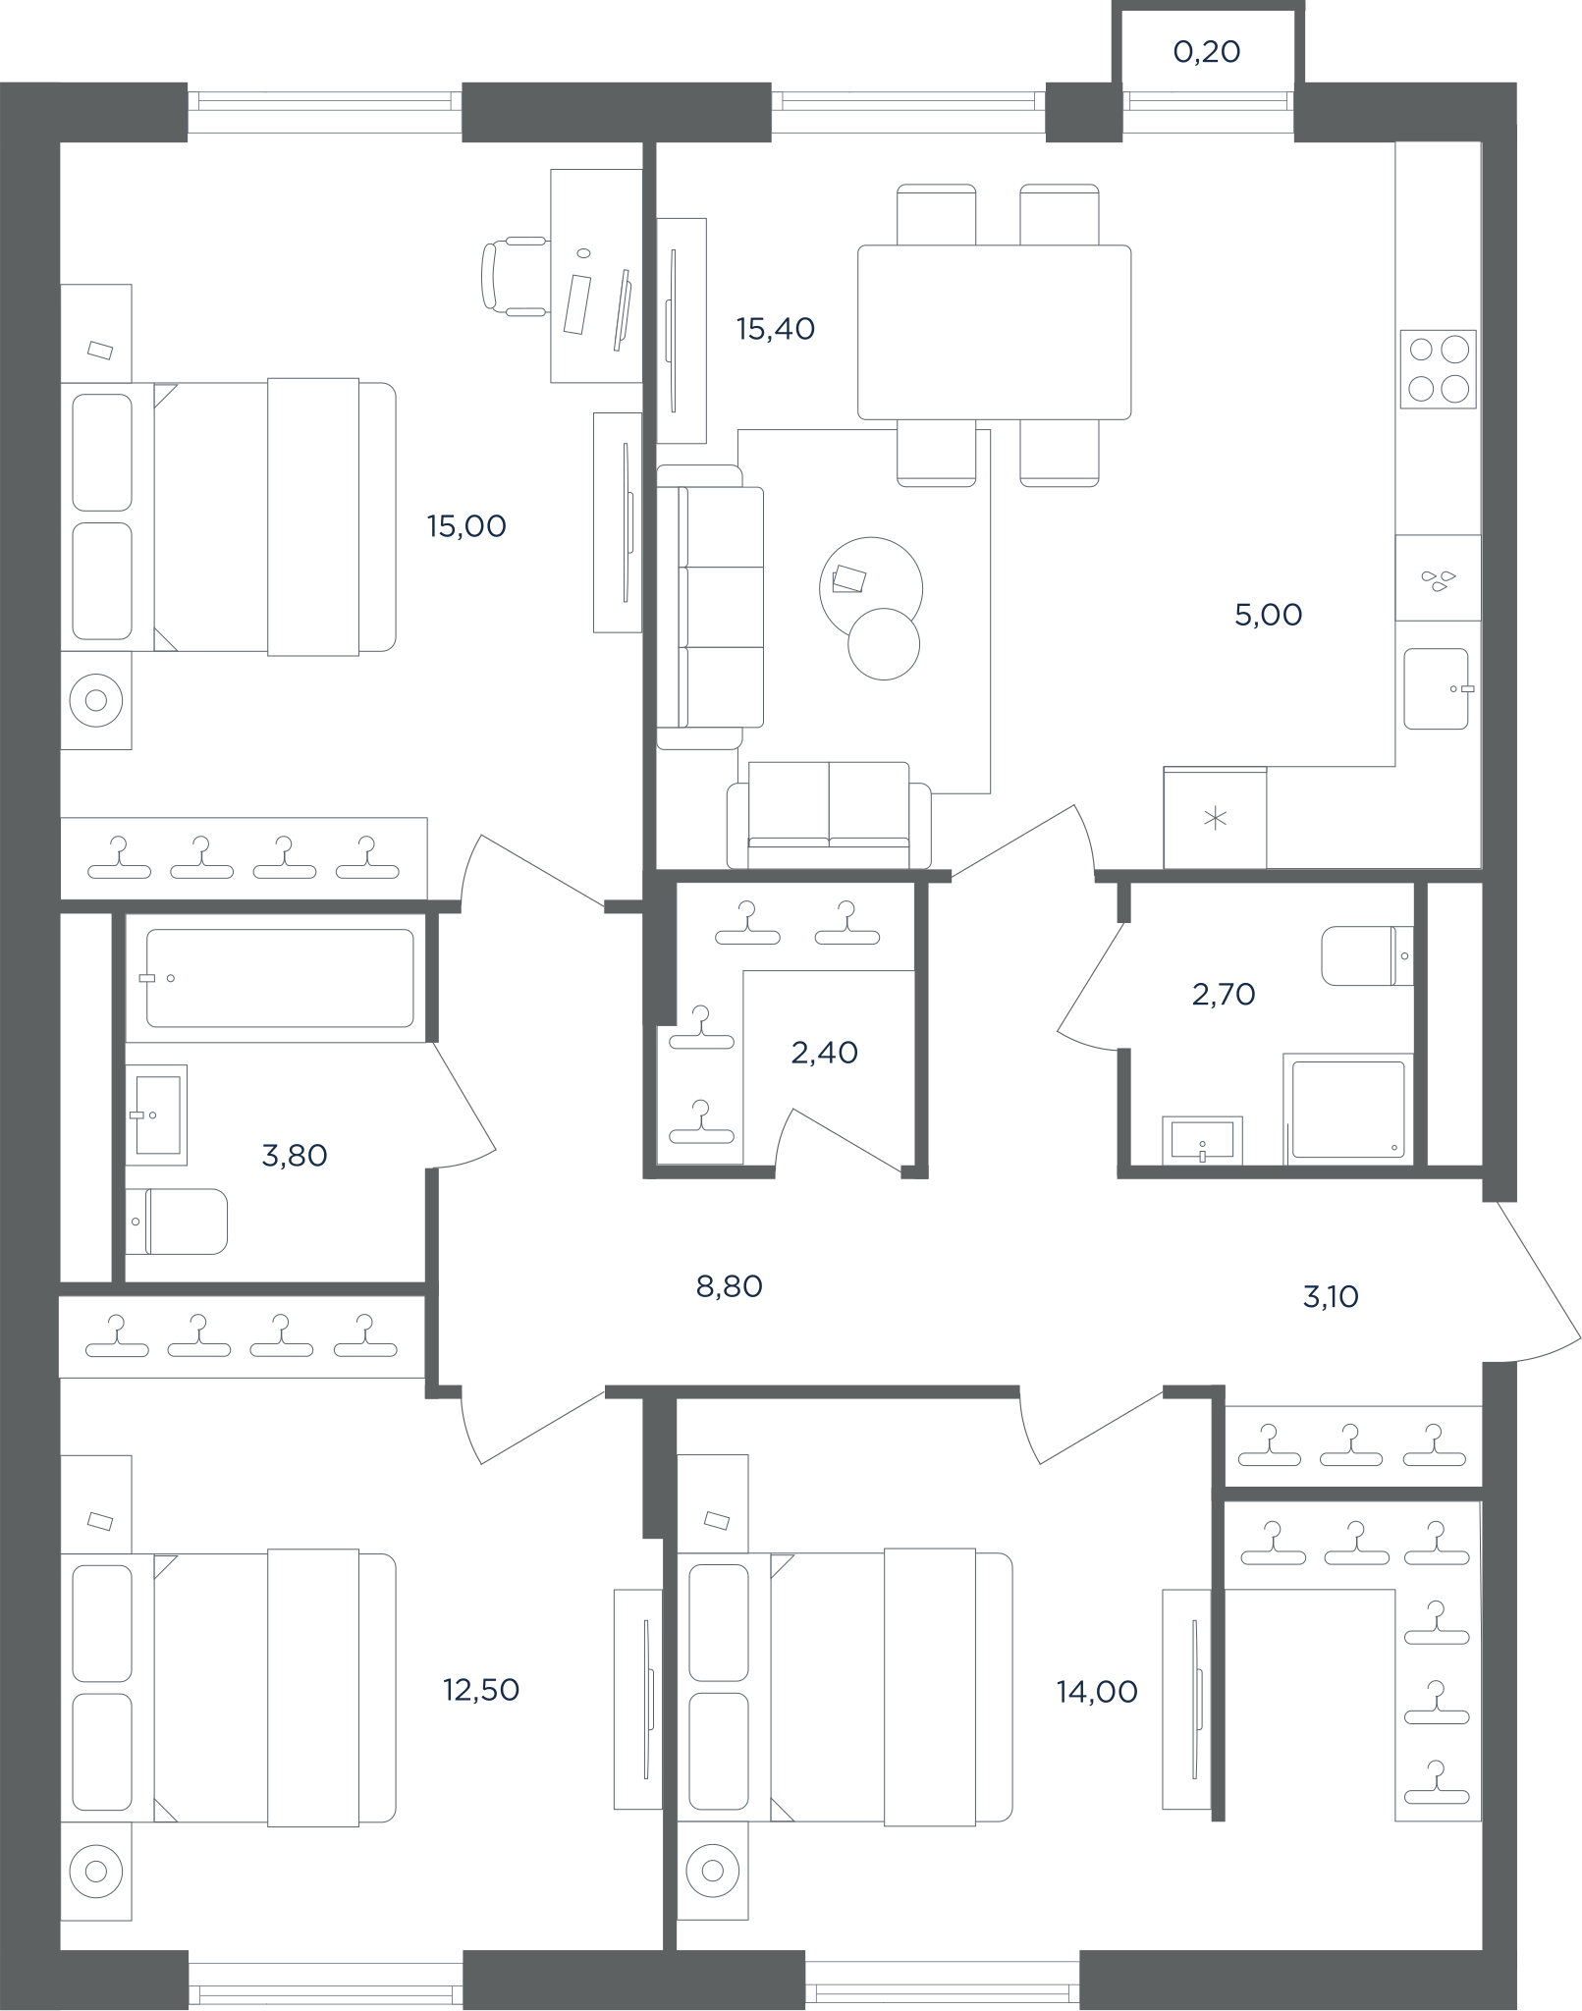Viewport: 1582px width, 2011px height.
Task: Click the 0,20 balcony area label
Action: (x=1207, y=52)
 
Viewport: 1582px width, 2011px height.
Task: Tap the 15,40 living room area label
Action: (x=776, y=329)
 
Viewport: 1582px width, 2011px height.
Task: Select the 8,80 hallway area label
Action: (x=729, y=1286)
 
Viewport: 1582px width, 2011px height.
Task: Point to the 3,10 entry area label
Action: (x=1331, y=1297)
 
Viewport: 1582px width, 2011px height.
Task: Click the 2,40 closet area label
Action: (x=824, y=1053)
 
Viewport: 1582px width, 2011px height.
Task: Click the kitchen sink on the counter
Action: (x=1437, y=688)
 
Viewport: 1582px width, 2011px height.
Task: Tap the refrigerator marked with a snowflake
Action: (x=1215, y=817)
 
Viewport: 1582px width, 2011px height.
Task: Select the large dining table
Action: (x=994, y=333)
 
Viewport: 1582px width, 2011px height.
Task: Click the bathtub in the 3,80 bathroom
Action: (x=280, y=978)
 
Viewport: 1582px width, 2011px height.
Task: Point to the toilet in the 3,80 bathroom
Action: (x=178, y=1222)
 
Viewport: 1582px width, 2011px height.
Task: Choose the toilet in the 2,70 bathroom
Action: (x=1367, y=955)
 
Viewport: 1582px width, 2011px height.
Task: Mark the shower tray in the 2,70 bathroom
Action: (x=1348, y=1110)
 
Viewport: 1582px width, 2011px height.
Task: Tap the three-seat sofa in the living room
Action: (x=710, y=607)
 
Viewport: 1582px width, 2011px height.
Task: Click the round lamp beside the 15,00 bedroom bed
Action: (x=96, y=700)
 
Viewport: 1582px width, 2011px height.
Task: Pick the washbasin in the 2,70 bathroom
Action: (x=1202, y=1140)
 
